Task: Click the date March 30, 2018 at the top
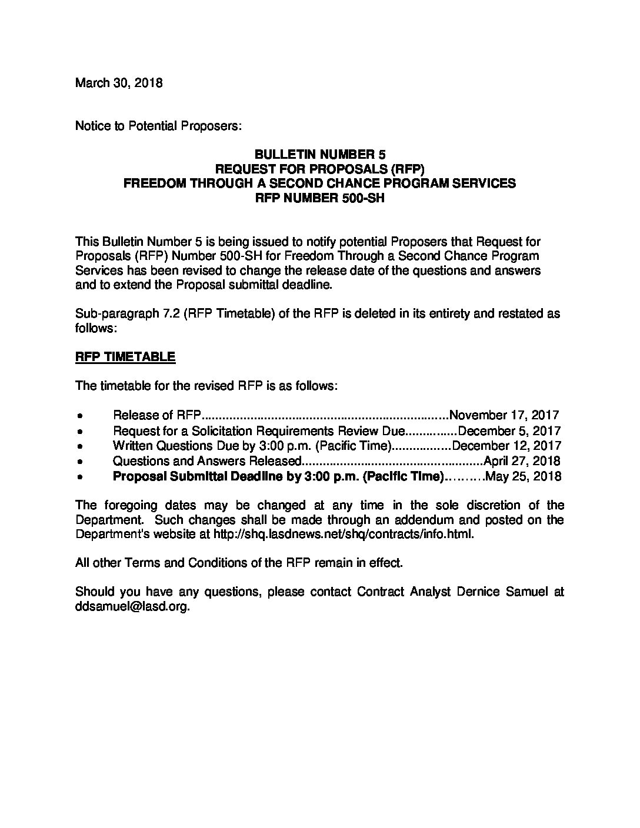coord(119,83)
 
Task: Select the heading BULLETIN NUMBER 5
coord(319,155)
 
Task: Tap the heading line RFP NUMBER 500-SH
coord(319,198)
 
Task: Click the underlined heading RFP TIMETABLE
coord(125,357)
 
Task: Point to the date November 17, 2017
coord(504,415)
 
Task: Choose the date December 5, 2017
coord(509,431)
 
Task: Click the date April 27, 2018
coord(522,461)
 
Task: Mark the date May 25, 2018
coord(524,476)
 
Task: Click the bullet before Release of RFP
coord(79,416)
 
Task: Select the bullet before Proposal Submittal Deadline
coord(79,477)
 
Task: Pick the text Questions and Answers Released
coord(208,461)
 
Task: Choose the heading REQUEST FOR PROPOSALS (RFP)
coord(319,169)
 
